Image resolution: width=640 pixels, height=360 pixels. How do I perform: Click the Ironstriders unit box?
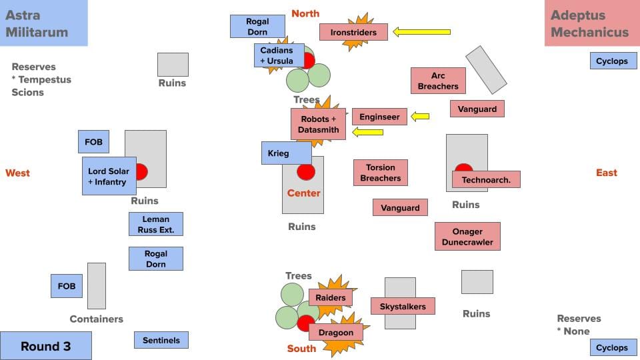353,32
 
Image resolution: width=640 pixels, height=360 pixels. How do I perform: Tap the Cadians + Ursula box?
279,55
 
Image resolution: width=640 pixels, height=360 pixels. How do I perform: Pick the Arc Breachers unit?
438,81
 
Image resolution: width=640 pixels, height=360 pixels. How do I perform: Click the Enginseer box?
379,117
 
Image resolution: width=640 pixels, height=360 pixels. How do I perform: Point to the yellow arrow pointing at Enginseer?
420,117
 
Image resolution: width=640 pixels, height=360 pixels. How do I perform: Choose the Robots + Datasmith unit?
319,124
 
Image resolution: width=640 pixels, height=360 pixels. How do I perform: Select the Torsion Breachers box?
380,173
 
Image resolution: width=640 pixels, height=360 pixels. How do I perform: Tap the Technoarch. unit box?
486,179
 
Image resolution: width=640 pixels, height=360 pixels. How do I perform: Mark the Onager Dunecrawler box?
467,237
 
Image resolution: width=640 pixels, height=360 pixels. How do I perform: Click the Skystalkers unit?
403,306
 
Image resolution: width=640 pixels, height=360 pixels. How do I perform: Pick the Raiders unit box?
330,297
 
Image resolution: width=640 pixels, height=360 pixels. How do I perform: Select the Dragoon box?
336,332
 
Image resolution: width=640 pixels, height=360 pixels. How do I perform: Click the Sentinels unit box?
161,340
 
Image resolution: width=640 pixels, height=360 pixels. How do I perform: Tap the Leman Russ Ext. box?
155,224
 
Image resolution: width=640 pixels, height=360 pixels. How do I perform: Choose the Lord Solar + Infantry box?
109,177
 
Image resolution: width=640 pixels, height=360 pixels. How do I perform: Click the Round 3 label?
45,346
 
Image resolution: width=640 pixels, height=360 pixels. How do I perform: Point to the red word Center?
304,193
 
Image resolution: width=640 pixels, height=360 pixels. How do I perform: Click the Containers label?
97,319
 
